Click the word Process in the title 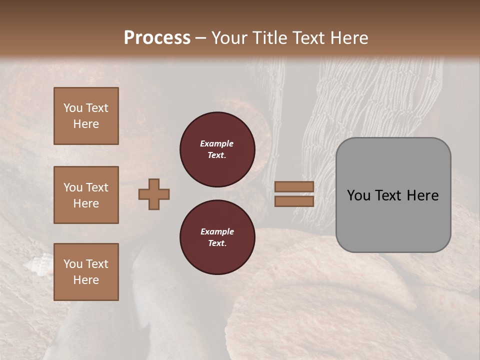pos(157,38)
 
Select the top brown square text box pos(86,116)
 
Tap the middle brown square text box pos(86,195)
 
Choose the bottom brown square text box pos(86,272)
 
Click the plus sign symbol pos(154,194)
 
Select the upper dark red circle pos(217,149)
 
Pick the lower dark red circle pos(217,237)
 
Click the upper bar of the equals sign pos(294,187)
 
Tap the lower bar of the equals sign pos(294,201)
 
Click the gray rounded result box pos(393,220)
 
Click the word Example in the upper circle pos(216,143)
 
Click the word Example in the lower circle pos(217,231)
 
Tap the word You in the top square pos(73,108)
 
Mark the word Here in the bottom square pos(86,280)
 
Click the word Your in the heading pos(230,38)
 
